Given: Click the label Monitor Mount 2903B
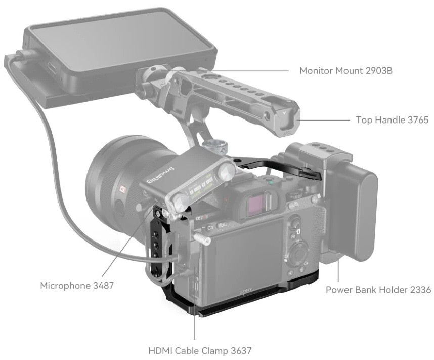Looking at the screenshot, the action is [x=345, y=71].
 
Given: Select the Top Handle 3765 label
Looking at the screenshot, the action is [x=392, y=119].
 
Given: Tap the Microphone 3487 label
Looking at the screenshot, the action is [x=77, y=286].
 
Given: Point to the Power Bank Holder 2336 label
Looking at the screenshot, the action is [x=378, y=290].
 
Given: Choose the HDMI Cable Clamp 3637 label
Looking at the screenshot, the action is [x=200, y=350].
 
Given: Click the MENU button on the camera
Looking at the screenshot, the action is [x=222, y=224].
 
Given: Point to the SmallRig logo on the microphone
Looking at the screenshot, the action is [x=160, y=175].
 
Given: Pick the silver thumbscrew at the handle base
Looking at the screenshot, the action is [x=214, y=147].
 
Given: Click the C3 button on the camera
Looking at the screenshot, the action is [x=210, y=228].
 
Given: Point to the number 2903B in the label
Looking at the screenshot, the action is [x=379, y=71].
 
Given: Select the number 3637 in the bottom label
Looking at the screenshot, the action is [x=240, y=350].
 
